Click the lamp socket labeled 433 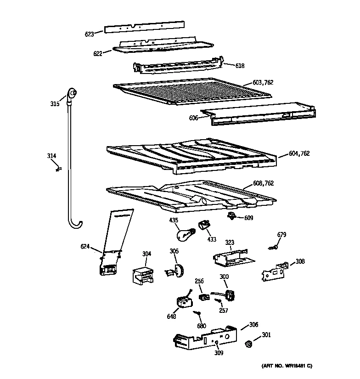point(203,225)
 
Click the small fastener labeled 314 point(57,170)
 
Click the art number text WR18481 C point(287,366)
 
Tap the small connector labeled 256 point(203,298)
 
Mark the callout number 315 point(55,104)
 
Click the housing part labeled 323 point(231,258)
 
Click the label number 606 point(194,118)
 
